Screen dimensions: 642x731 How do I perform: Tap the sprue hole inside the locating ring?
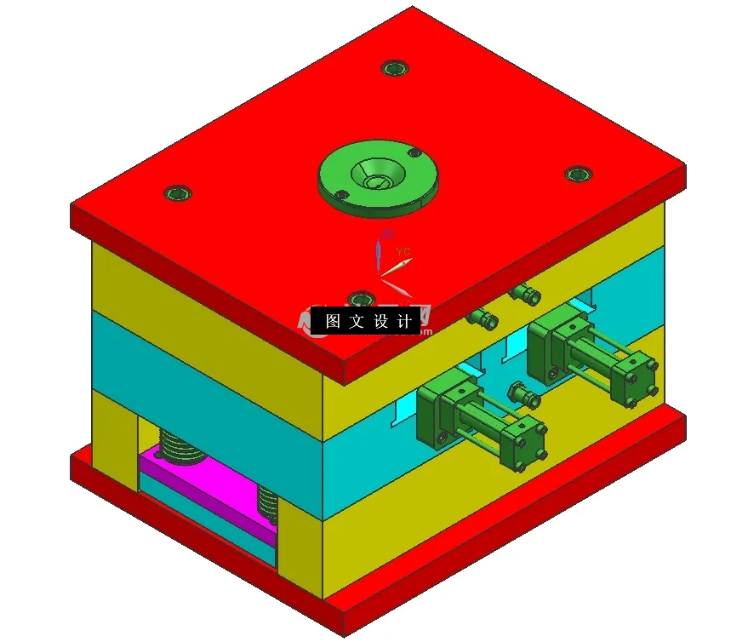click(374, 178)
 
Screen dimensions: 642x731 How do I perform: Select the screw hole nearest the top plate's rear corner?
click(392, 67)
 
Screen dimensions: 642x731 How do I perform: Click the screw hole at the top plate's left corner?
click(178, 193)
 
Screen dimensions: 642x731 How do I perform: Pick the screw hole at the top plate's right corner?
click(578, 174)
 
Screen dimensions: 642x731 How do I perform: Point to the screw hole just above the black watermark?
click(362, 299)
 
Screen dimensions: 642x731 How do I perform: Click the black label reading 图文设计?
click(368, 322)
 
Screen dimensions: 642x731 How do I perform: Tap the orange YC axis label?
click(403, 251)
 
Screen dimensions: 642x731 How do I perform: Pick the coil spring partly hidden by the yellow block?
click(268, 502)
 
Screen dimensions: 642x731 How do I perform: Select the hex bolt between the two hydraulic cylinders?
click(520, 394)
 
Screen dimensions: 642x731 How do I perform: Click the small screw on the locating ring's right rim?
click(414, 153)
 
